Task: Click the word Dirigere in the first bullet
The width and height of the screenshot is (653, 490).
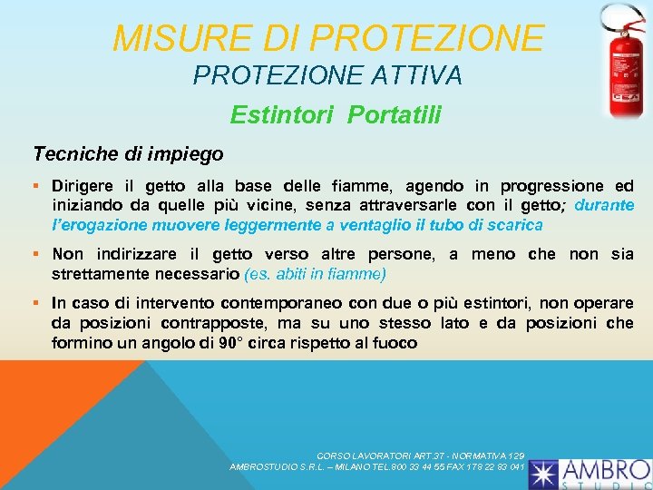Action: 83,186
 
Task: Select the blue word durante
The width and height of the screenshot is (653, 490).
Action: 604,205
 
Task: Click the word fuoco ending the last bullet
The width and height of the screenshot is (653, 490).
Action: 395,343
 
